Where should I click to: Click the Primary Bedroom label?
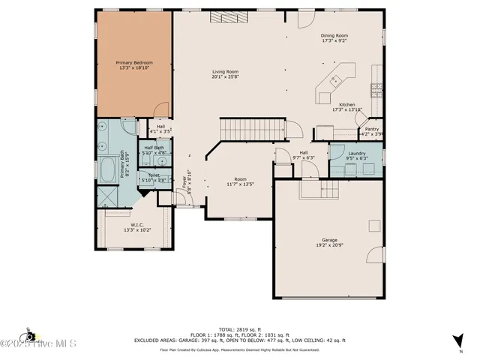pos(134,63)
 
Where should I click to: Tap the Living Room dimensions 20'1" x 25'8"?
pos(226,76)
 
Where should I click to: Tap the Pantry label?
pos(372,128)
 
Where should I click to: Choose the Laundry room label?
pos(356,153)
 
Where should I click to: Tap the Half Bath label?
pos(153,148)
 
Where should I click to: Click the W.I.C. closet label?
pos(136,224)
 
